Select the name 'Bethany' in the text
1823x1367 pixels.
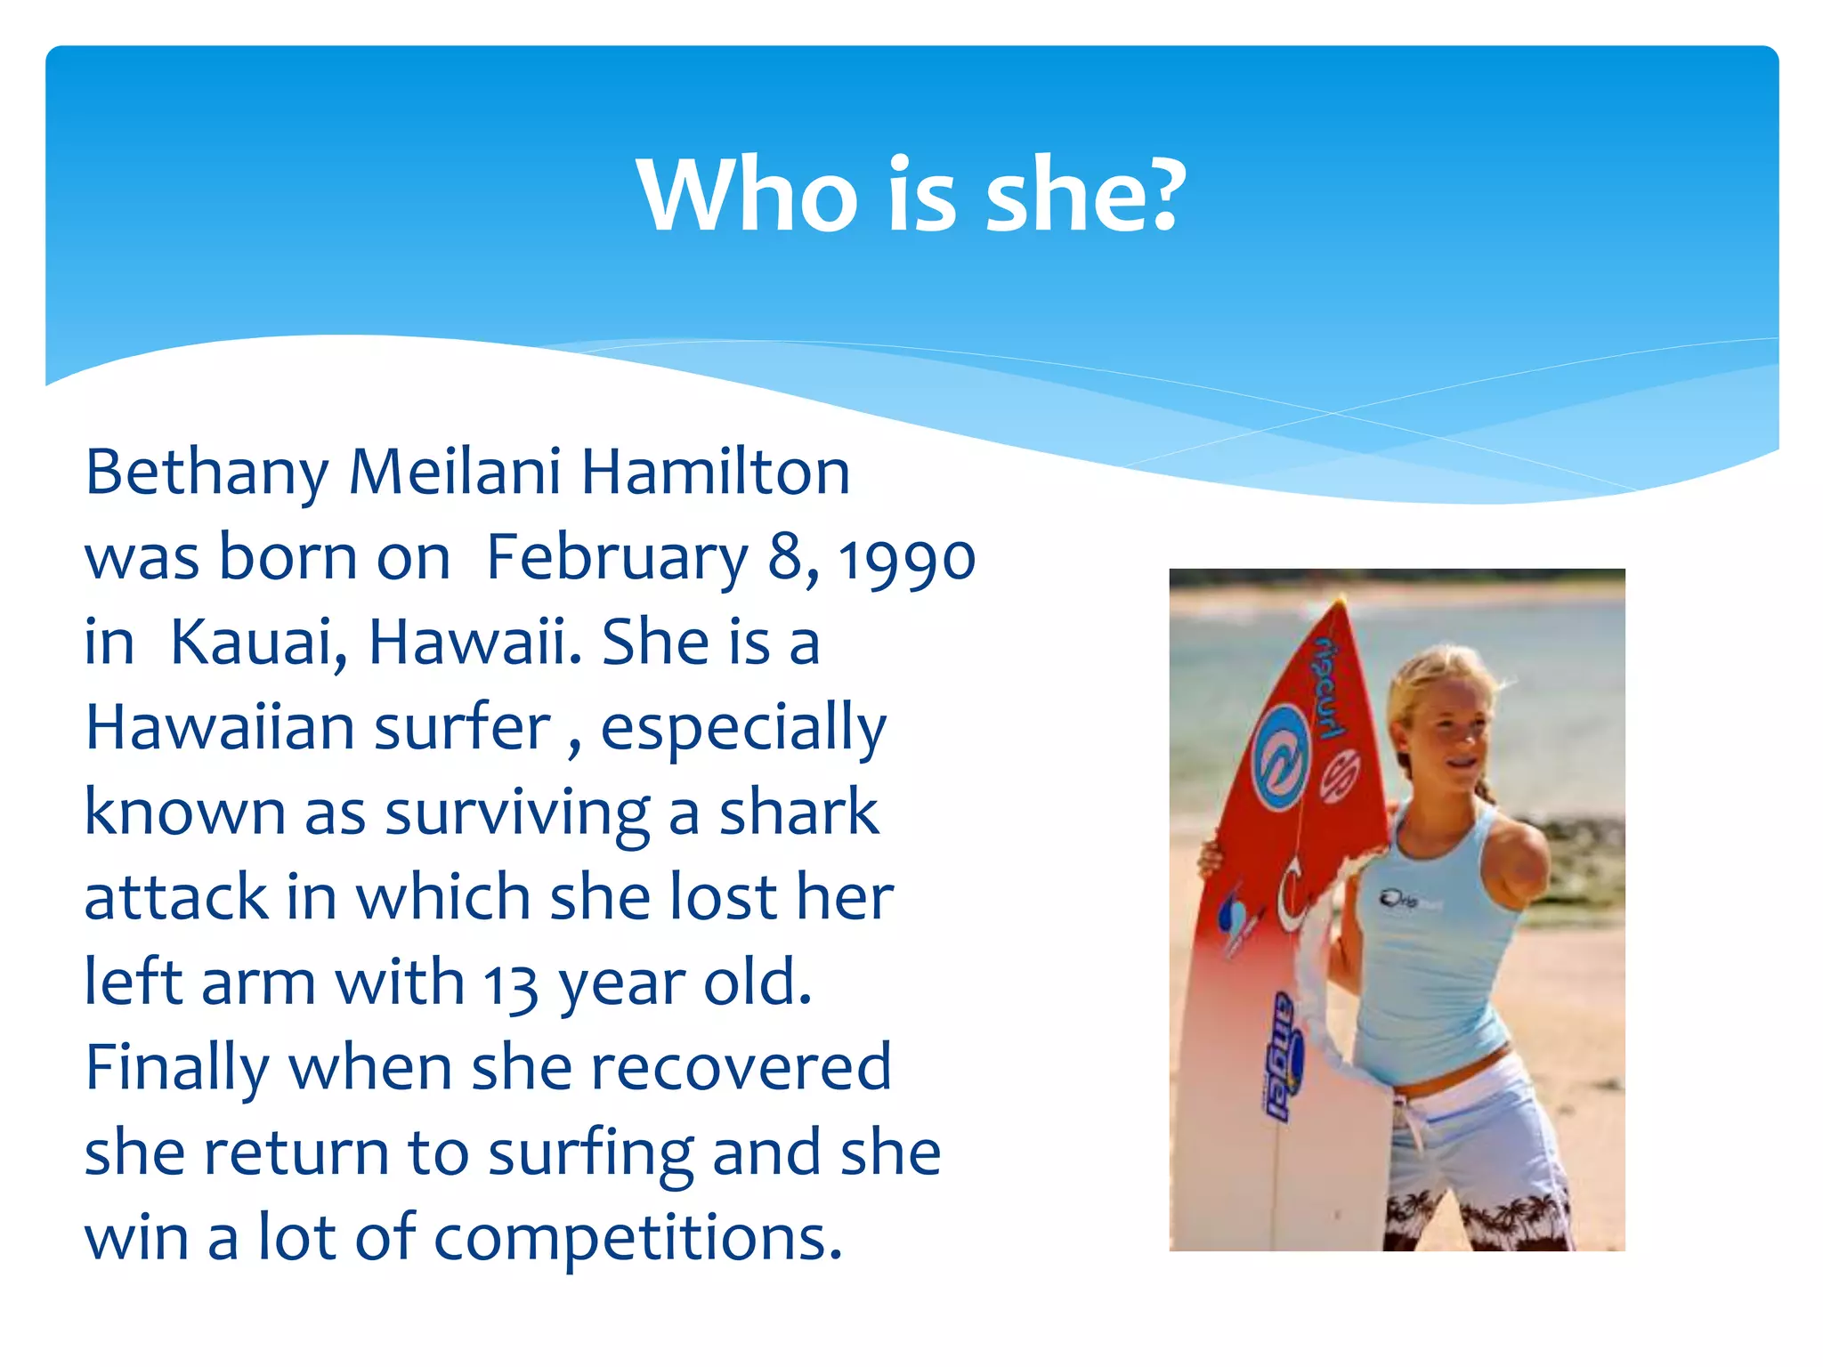(207, 473)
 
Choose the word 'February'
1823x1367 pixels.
(617, 560)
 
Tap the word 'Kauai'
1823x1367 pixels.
(258, 642)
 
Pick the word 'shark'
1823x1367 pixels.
(798, 812)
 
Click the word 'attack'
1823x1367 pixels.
(176, 897)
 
